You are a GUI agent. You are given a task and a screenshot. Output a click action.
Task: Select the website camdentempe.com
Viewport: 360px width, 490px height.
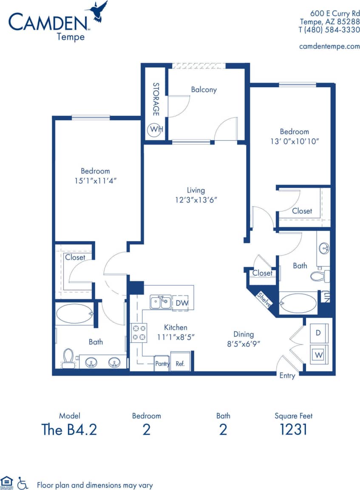coord(329,46)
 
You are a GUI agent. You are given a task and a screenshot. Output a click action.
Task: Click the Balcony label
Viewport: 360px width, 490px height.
coord(204,89)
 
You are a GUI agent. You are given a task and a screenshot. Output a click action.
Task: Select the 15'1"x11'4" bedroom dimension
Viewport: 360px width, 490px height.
coord(95,180)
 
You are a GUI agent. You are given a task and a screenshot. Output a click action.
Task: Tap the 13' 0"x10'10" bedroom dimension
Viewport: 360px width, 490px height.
coord(294,141)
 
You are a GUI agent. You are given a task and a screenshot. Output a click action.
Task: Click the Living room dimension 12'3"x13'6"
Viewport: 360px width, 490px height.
coord(196,199)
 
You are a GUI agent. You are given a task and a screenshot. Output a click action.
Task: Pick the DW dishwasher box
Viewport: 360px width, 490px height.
coord(180,303)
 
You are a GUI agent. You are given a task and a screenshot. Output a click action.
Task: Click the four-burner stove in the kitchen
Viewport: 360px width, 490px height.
coord(139,332)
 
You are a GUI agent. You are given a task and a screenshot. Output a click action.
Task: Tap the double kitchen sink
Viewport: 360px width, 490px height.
coord(161,302)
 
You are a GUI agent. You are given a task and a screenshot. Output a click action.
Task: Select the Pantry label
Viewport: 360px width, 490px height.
coord(162,364)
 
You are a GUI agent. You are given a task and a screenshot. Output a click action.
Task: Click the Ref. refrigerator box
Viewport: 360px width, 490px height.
coord(180,364)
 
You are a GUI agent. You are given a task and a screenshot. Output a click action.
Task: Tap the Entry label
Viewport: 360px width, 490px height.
coord(287,375)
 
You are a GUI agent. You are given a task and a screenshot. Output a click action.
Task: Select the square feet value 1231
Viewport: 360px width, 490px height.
coord(293,429)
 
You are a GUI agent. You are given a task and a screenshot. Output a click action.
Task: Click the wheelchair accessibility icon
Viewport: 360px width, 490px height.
coord(23,483)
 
